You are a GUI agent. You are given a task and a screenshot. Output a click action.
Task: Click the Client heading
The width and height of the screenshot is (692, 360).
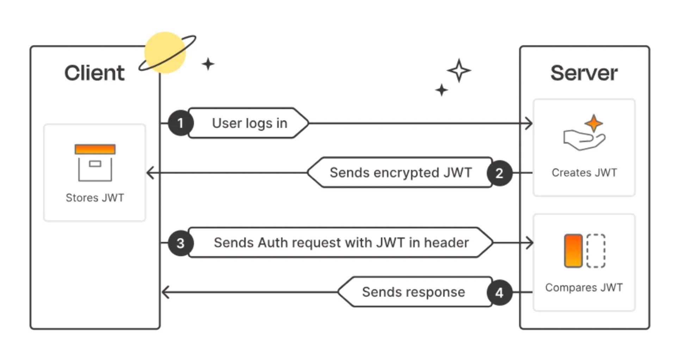coord(94,73)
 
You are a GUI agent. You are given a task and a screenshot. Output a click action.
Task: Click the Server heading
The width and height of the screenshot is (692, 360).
coord(584,73)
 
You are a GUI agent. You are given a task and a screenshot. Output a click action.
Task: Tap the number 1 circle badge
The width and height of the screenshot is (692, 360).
coord(180,123)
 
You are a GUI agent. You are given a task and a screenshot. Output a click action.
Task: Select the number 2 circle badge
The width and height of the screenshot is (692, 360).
coord(499,173)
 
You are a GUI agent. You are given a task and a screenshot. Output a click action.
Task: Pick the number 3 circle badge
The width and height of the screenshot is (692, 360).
coord(180,243)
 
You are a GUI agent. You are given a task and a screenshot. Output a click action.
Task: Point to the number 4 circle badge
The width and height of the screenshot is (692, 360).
coord(499,292)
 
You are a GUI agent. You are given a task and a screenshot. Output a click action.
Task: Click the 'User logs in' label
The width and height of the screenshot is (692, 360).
coord(249,123)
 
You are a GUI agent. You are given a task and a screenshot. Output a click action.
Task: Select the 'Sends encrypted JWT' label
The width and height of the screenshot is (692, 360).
coord(401,173)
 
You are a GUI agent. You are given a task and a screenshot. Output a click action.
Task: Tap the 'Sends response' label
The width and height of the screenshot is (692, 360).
coord(413,292)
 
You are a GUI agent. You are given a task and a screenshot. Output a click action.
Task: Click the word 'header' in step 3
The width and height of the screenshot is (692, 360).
coord(446,243)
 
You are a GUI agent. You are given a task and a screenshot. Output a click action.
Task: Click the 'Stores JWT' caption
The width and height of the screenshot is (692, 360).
coord(95,198)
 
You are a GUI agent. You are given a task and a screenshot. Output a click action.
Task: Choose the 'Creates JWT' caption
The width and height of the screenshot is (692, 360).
coord(584,173)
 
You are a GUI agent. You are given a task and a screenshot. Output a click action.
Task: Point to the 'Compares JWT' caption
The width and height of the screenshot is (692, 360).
coord(584,287)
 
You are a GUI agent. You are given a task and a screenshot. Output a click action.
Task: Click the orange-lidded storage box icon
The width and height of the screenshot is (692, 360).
coord(95,163)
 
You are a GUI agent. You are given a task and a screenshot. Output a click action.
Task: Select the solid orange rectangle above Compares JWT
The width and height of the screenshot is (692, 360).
coord(573,251)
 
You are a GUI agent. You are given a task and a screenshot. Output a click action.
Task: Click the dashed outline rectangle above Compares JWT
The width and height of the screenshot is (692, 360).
coord(596,251)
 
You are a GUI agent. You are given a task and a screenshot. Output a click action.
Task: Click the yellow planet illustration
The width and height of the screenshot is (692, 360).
coord(165,52)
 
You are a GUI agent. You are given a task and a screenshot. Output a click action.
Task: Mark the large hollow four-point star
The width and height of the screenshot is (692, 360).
coord(459,70)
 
